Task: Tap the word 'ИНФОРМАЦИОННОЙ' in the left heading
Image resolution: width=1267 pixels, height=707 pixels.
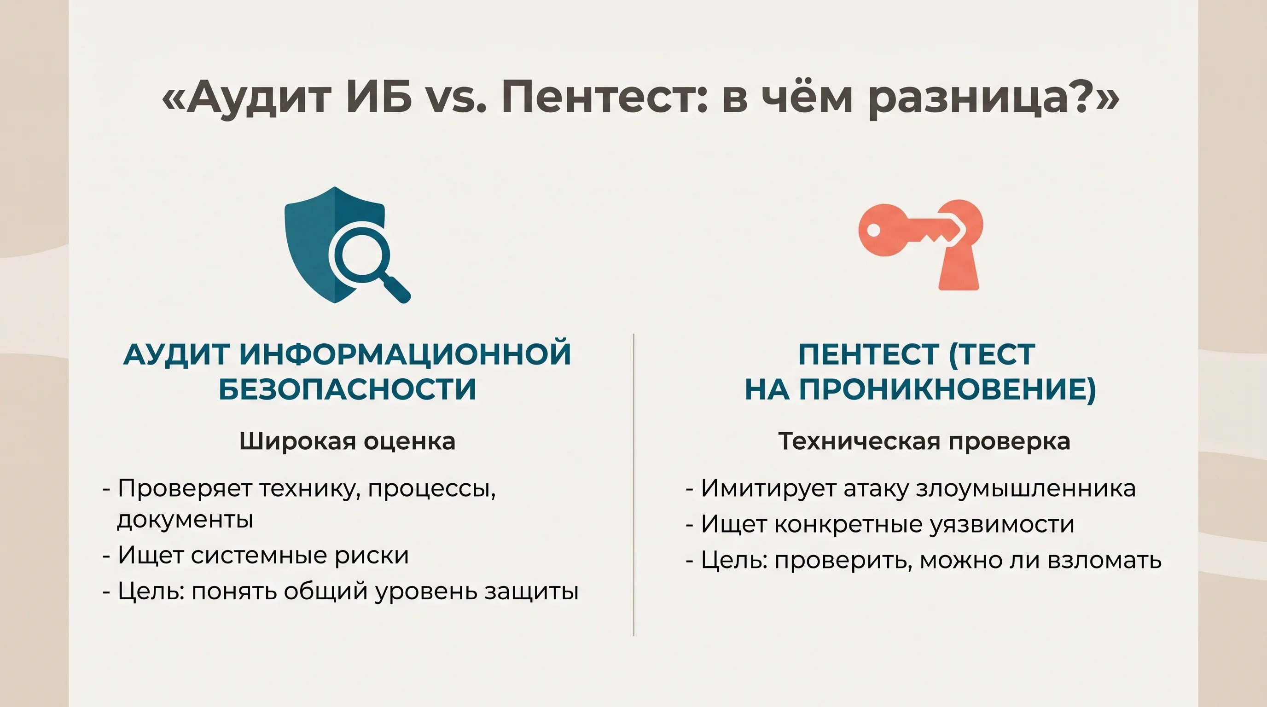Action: click(405, 354)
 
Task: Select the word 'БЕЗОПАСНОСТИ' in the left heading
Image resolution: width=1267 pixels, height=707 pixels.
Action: click(347, 389)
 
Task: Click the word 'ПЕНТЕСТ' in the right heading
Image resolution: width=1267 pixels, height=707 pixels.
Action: click(868, 354)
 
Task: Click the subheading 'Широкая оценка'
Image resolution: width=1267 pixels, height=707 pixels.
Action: click(347, 441)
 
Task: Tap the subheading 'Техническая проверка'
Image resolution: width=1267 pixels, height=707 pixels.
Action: click(924, 441)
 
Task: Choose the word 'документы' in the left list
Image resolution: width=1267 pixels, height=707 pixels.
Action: click(185, 520)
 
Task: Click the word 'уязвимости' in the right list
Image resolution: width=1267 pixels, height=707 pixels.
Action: click(1001, 524)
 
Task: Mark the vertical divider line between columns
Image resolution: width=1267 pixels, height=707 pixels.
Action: click(633, 485)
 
